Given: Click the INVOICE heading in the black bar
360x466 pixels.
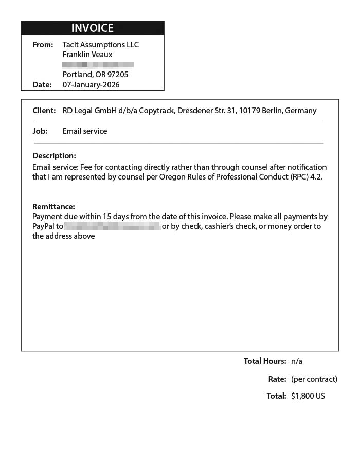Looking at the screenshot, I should point(93,28).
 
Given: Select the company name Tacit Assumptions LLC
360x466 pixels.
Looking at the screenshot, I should point(101,45).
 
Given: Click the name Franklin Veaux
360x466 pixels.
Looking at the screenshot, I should point(87,55).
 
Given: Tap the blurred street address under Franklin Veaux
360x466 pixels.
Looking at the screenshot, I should point(98,65).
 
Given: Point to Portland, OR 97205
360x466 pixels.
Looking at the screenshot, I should point(96,75).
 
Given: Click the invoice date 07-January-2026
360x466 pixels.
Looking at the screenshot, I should point(91,85).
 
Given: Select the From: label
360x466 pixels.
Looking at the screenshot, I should point(43,45).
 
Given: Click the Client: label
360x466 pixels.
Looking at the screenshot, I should point(44,111).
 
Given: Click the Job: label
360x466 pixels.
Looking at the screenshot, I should point(40,131).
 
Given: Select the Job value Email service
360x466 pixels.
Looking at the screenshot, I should point(85,131).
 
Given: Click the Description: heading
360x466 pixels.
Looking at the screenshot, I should point(54,156).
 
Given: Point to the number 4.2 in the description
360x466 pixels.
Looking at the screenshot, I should point(317,177).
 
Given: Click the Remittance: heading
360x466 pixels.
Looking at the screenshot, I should point(53,207).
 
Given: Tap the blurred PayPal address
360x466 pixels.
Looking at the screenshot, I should point(112,226).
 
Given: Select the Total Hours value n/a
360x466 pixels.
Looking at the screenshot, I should point(297,361).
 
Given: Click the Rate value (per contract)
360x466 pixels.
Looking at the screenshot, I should point(314,379).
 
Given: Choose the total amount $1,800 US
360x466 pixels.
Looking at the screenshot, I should point(308,396).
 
